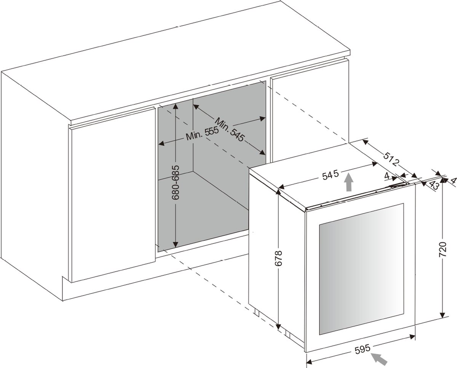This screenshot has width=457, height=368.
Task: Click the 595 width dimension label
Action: point(363,349)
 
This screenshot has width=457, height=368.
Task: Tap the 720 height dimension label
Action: point(443,250)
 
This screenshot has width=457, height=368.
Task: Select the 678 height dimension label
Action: point(278,258)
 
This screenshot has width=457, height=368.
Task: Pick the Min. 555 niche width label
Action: point(202,133)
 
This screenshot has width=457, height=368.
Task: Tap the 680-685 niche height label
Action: point(176,182)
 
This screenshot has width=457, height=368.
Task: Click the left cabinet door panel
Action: point(113,195)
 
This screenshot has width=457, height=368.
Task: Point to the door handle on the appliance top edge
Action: point(398,186)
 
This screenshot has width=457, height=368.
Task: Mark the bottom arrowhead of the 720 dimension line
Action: point(443,321)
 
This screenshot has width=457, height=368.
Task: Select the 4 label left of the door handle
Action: point(387,176)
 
